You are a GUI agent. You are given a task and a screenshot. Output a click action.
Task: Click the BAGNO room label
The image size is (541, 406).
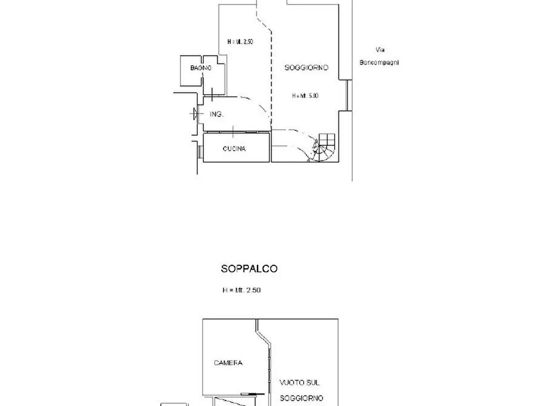(201, 68)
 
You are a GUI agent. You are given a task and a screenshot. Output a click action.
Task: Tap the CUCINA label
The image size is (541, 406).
(234, 149)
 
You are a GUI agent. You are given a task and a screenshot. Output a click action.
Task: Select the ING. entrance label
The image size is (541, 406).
(216, 114)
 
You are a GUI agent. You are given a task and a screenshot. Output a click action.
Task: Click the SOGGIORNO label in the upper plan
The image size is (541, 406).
(307, 68)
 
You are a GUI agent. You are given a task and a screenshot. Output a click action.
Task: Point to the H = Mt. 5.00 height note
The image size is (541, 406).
(305, 96)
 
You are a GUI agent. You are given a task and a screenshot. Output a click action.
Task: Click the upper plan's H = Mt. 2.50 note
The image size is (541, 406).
(241, 42)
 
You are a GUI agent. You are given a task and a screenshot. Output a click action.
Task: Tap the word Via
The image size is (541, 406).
(380, 50)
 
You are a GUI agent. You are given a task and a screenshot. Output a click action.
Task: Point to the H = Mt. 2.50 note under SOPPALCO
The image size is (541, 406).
(241, 290)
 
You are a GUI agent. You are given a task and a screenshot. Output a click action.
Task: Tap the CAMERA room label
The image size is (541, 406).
(228, 363)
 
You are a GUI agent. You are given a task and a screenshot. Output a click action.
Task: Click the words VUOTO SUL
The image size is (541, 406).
(299, 382)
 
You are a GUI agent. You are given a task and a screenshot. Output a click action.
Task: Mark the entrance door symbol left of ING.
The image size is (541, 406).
(194, 113)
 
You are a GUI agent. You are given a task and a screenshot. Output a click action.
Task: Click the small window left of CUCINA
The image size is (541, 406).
(199, 150)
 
